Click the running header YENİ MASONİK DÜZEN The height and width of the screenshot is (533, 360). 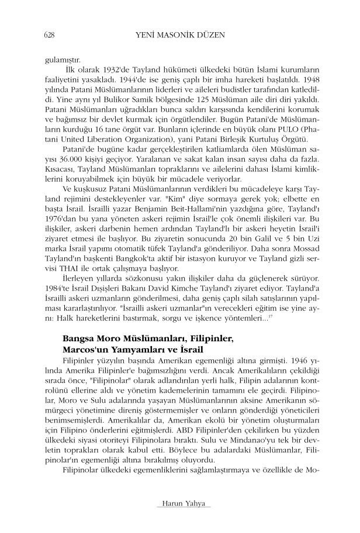click(179, 34)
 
